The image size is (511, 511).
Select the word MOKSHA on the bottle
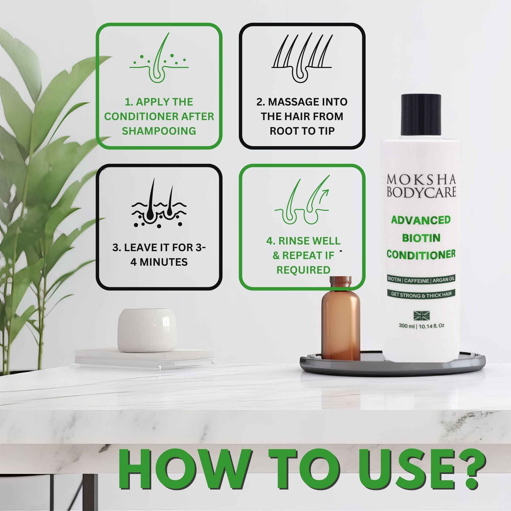pyautogui.click(x=421, y=180)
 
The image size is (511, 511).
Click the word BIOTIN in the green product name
pyautogui.click(x=421, y=238)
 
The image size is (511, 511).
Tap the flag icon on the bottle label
pyautogui.click(x=422, y=315)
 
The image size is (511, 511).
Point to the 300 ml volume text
pyautogui.click(x=407, y=326)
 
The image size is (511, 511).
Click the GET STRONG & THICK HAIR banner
pyautogui.click(x=421, y=295)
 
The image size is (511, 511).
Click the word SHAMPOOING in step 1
pyautogui.click(x=159, y=131)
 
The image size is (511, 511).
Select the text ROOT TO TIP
pyautogui.click(x=302, y=131)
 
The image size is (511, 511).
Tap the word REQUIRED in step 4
pyautogui.click(x=303, y=270)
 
